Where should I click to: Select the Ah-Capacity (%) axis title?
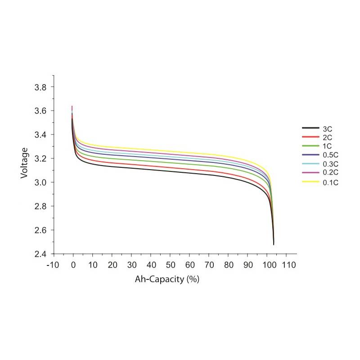167,279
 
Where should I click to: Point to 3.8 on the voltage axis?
41,87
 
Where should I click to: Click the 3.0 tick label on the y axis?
41,182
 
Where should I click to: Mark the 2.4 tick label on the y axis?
41,254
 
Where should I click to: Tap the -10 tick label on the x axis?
53,265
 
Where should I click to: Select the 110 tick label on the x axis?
289,265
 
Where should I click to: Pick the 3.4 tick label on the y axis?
41,135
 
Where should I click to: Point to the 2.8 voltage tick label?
41,206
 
